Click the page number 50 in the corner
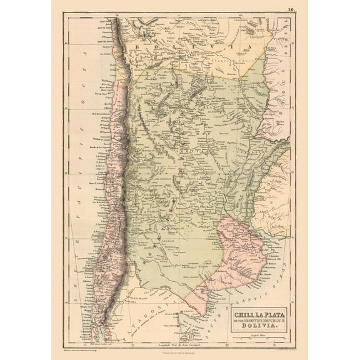292,9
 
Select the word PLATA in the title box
270,307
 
